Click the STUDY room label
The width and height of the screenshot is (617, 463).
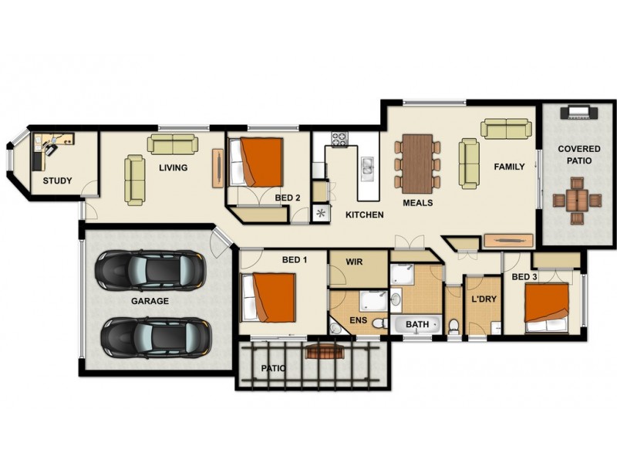57,181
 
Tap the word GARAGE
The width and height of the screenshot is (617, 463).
150,301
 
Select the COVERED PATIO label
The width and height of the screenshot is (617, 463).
575,155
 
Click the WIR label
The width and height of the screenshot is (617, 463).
354,262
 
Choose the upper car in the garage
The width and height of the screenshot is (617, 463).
150,269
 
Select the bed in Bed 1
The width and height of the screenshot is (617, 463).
269,298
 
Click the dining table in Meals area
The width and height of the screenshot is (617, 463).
417,162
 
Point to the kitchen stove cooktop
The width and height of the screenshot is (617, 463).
340,140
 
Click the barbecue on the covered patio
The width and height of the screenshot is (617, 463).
578,113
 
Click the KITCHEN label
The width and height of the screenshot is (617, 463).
364,215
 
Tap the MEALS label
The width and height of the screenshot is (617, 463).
417,203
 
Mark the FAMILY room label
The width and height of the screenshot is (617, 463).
509,167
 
